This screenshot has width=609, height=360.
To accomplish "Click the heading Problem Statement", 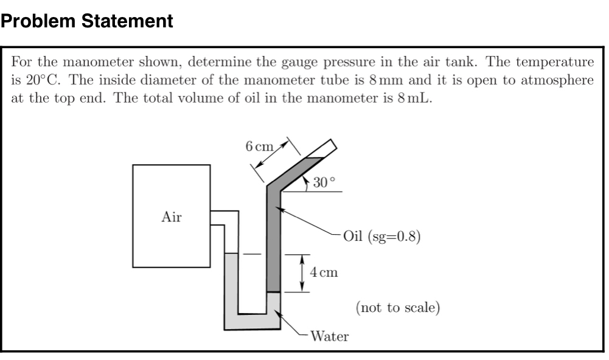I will (x=87, y=22).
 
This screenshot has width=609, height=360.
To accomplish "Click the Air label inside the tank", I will (x=172, y=216).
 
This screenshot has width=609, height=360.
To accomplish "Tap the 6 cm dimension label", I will (x=259, y=146).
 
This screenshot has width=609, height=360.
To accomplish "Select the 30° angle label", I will (x=324, y=182).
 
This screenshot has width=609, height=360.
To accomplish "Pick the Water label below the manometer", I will (x=330, y=336).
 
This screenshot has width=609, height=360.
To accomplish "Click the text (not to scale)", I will (x=397, y=307).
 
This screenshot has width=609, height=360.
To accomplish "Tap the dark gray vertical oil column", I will (x=273, y=243).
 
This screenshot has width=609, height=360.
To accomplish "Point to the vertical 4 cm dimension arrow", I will (x=301, y=273).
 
